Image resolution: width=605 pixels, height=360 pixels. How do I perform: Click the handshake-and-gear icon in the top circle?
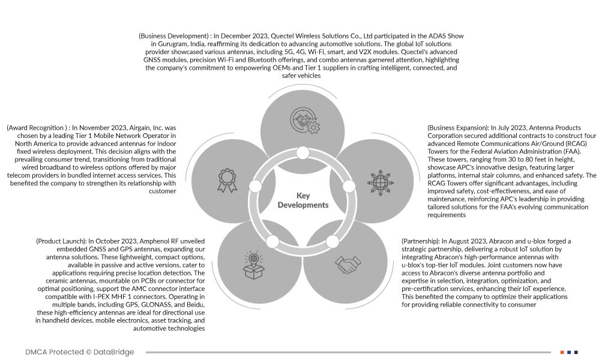[304, 119]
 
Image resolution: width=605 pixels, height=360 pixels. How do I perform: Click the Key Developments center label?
[303, 200]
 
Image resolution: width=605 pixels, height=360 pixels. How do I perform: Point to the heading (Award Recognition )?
[37, 128]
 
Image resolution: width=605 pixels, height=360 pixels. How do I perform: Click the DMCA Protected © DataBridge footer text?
[80, 352]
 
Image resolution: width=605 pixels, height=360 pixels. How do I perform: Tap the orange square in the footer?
[562, 352]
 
